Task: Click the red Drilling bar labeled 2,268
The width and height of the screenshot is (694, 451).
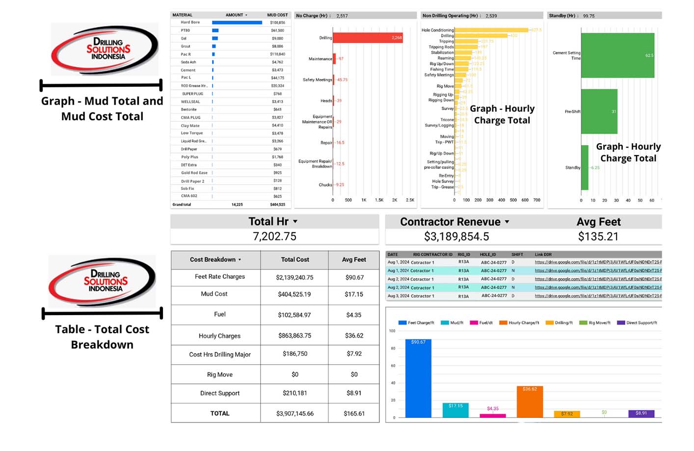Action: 368,38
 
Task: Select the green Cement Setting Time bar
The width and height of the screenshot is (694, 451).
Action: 617,55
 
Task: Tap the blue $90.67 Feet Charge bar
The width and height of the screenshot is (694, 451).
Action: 418,378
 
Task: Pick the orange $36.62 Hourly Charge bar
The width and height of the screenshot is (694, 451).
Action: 530,401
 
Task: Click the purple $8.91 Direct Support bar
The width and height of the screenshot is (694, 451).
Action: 641,413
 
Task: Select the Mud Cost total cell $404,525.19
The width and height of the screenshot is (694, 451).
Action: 294,294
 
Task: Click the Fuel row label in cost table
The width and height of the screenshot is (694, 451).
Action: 220,315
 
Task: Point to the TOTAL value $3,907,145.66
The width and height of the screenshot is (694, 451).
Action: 294,414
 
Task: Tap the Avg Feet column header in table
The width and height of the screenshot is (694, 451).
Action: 354,260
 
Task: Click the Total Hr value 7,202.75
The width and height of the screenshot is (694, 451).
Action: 274,237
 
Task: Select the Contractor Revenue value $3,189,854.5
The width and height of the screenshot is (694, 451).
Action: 456,237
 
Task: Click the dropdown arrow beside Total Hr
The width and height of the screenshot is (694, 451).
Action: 295,222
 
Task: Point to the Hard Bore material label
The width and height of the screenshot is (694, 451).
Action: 190,23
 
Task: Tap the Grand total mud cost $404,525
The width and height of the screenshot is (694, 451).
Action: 277,205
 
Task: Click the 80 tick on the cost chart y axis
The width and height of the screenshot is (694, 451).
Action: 393,348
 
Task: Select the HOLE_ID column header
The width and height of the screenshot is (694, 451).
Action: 487,255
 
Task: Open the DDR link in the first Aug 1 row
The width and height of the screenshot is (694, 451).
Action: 598,262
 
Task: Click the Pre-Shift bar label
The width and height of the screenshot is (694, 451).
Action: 572,112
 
